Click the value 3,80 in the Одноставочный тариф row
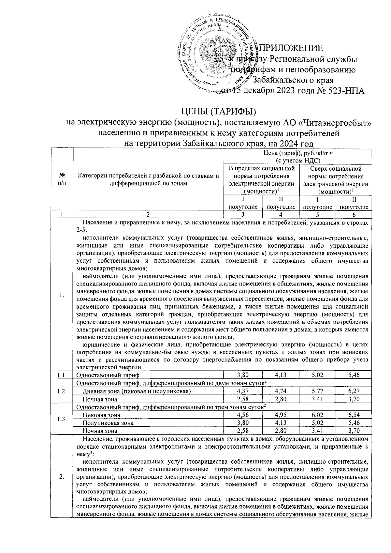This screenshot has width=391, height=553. point(243,375)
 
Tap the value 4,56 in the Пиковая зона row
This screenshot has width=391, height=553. point(243,415)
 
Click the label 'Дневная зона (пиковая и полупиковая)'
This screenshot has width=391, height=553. point(137,391)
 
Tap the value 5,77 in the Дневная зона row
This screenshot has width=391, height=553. point(317,391)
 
